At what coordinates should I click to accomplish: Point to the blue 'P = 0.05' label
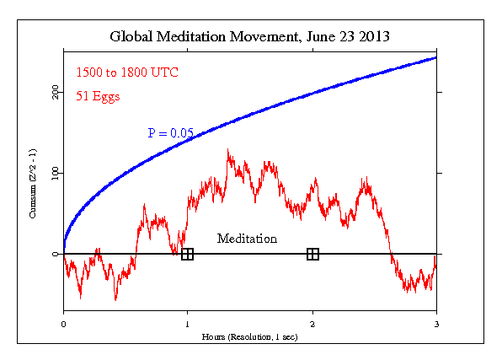coord(171,133)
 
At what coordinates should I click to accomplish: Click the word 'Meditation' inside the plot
coord(247,239)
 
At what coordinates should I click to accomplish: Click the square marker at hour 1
coord(187,254)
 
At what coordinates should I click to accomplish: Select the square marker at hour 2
coord(312,254)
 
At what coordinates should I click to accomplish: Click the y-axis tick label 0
coord(56,254)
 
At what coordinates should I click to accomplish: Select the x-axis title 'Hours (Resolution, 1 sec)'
coord(249,336)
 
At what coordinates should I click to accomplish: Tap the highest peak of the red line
coord(227,150)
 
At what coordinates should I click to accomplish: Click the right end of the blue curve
coord(435,57)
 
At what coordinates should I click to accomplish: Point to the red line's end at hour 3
coord(435,256)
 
